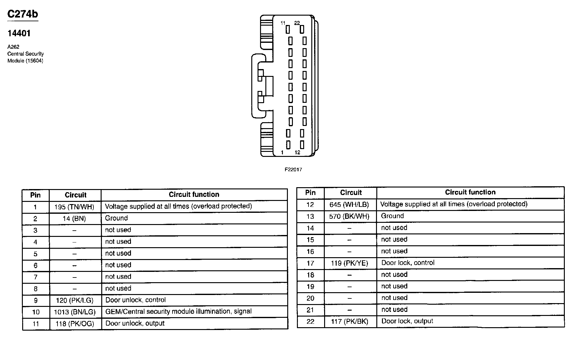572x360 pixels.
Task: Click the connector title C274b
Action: [x=23, y=14]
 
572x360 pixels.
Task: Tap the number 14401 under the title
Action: [x=19, y=33]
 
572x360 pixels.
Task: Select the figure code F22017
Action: [x=293, y=170]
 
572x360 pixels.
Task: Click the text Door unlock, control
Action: [x=135, y=300]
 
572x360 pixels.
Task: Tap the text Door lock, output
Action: [x=407, y=321]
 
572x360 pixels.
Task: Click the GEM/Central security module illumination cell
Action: [x=178, y=312]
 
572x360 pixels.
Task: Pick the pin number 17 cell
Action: [x=310, y=263]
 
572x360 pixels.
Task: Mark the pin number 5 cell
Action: [x=35, y=254]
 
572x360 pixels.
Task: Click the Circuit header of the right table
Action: [x=351, y=192]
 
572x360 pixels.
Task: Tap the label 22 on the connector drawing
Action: [x=297, y=23]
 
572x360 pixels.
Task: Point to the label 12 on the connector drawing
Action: [x=297, y=152]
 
